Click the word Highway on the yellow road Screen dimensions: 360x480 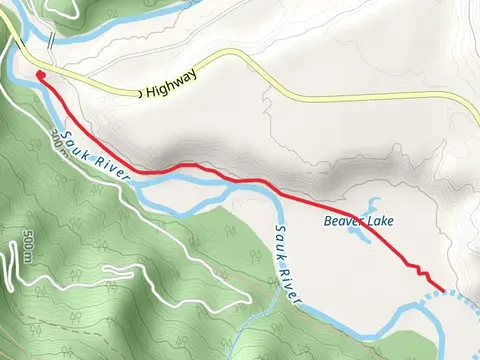pyautogui.click(x=171, y=83)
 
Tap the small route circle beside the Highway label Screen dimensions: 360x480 pyautogui.click(x=139, y=93)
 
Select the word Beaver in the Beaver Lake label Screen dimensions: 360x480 pyautogui.click(x=339, y=221)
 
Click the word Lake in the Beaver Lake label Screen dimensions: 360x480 pyautogui.click(x=374, y=221)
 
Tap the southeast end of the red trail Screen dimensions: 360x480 pyautogui.click(x=442, y=290)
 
